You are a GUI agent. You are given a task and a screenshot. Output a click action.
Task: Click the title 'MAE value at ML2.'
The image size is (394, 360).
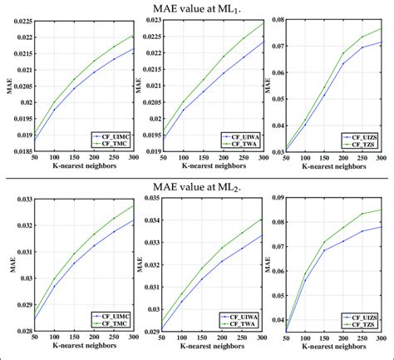(x=196, y=188)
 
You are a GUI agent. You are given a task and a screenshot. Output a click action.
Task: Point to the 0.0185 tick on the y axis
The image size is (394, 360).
(x=19, y=151)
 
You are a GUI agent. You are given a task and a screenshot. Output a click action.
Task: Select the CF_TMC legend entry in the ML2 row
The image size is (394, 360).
(x=106, y=323)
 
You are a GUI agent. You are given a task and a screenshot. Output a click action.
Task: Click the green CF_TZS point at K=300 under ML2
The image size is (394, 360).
(x=382, y=210)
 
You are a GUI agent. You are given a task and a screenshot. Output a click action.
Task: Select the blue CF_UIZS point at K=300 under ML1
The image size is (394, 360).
(x=382, y=42)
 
